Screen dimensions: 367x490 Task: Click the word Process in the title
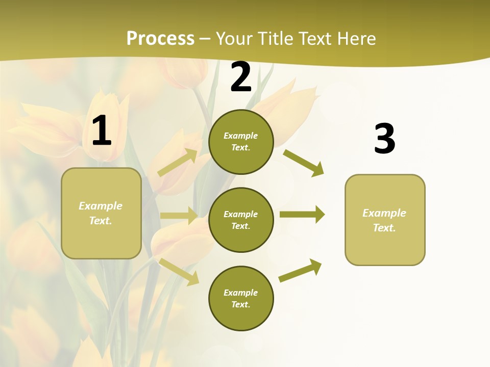click(x=160, y=39)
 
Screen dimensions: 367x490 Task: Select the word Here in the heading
click(x=355, y=39)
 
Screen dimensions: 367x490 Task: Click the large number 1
click(x=102, y=132)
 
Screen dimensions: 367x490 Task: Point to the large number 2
click(x=241, y=77)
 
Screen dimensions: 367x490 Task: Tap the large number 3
click(x=384, y=139)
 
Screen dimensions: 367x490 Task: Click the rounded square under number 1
click(x=101, y=213)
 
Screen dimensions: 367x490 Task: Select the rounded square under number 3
click(x=385, y=220)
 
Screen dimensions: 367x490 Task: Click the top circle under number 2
click(x=241, y=142)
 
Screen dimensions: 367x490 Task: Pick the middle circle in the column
click(x=241, y=220)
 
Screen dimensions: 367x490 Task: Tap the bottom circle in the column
click(x=241, y=298)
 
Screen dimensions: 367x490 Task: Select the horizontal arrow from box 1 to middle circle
click(x=179, y=216)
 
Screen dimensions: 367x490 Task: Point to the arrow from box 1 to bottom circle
click(x=179, y=271)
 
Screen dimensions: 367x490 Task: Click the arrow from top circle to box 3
click(x=304, y=163)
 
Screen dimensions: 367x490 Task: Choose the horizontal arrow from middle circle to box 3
click(x=302, y=215)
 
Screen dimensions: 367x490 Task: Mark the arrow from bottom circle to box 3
click(x=301, y=270)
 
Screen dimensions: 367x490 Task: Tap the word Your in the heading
click(x=235, y=39)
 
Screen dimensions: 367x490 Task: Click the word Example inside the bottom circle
click(x=241, y=293)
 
